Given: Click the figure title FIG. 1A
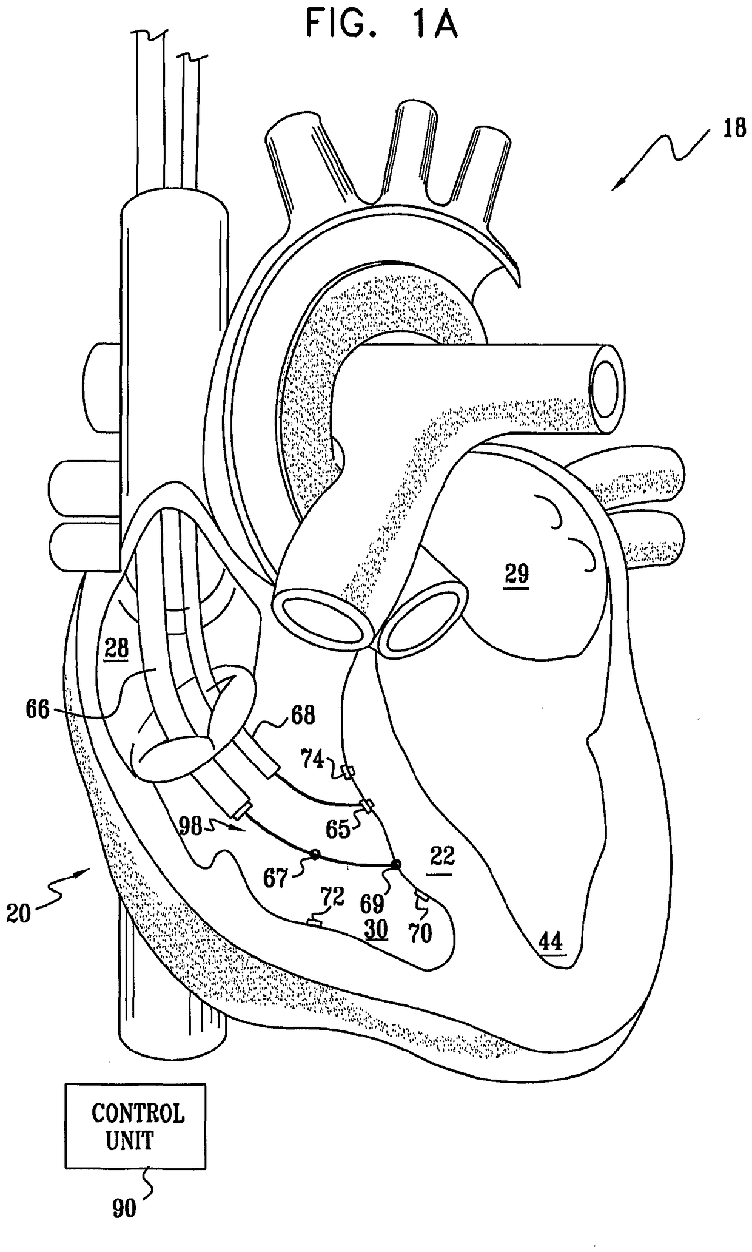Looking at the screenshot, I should (381, 25).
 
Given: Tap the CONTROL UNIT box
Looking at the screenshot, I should (135, 1126).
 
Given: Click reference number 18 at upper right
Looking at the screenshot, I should (734, 129).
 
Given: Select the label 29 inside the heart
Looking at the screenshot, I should (517, 574).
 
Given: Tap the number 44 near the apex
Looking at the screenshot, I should (551, 942).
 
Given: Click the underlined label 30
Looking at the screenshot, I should (375, 929).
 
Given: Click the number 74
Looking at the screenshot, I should (313, 759).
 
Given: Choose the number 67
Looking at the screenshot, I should (275, 878).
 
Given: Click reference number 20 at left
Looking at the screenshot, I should (19, 912).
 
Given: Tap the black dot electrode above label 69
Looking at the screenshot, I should (396, 865).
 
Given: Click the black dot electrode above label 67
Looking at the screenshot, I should (315, 854).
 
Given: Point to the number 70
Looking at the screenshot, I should (420, 933).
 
